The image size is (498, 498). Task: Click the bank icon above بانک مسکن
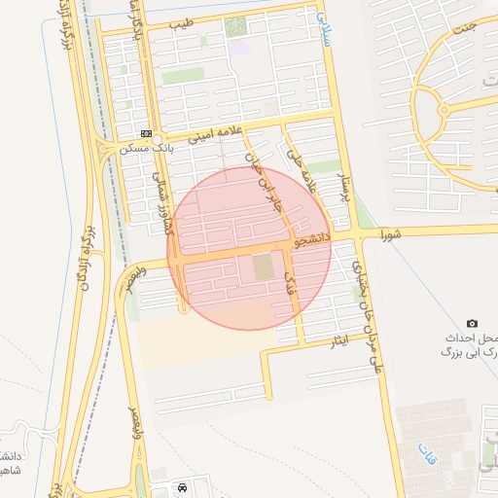146,133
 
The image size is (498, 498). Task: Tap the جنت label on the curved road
468,26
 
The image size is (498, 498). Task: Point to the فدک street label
288,282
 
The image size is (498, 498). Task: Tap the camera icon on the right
473,323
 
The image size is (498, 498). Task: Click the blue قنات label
424,452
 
